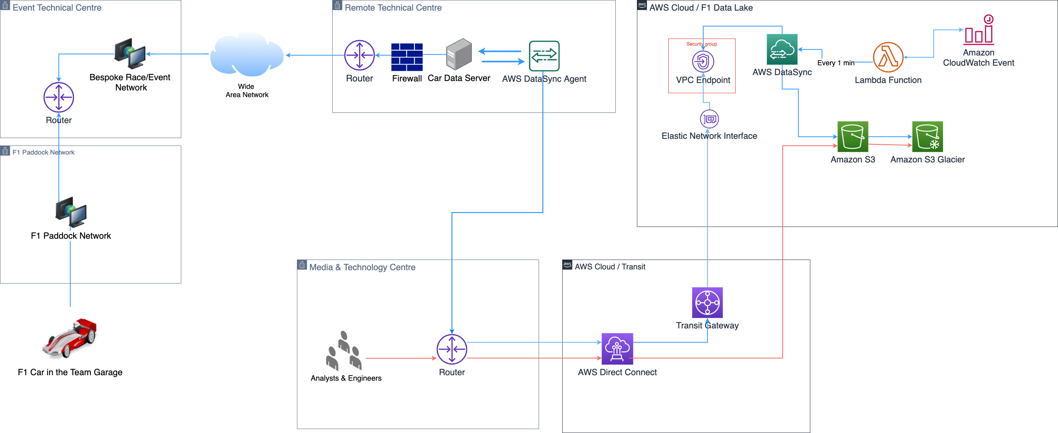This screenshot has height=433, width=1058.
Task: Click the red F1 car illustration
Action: tap(70, 338)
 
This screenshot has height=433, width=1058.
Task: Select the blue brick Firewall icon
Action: tap(407, 57)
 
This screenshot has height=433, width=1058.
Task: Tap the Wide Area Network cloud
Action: tap(247, 55)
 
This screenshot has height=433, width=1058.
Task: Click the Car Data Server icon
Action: tap(459, 54)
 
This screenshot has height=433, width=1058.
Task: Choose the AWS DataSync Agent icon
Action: tap(544, 56)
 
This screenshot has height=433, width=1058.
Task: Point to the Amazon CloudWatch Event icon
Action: tap(979, 31)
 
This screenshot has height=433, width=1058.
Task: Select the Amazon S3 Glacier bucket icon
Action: tap(927, 137)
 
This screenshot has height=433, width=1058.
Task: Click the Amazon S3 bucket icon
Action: tap(852, 137)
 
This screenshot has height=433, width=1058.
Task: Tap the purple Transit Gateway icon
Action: tap(707, 303)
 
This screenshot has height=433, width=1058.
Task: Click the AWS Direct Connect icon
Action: tap(617, 349)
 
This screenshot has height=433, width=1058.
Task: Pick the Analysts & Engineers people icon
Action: tap(344, 351)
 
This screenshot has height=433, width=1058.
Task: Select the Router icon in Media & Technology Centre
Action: tap(451, 349)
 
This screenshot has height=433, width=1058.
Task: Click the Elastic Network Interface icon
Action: tap(709, 119)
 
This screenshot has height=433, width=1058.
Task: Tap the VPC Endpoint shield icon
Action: tap(703, 62)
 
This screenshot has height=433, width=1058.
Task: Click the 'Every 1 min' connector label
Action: tap(835, 63)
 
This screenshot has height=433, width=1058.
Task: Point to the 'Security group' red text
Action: tap(701, 44)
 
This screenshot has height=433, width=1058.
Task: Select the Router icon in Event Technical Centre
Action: tap(59, 98)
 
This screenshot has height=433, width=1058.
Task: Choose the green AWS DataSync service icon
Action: tap(782, 49)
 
